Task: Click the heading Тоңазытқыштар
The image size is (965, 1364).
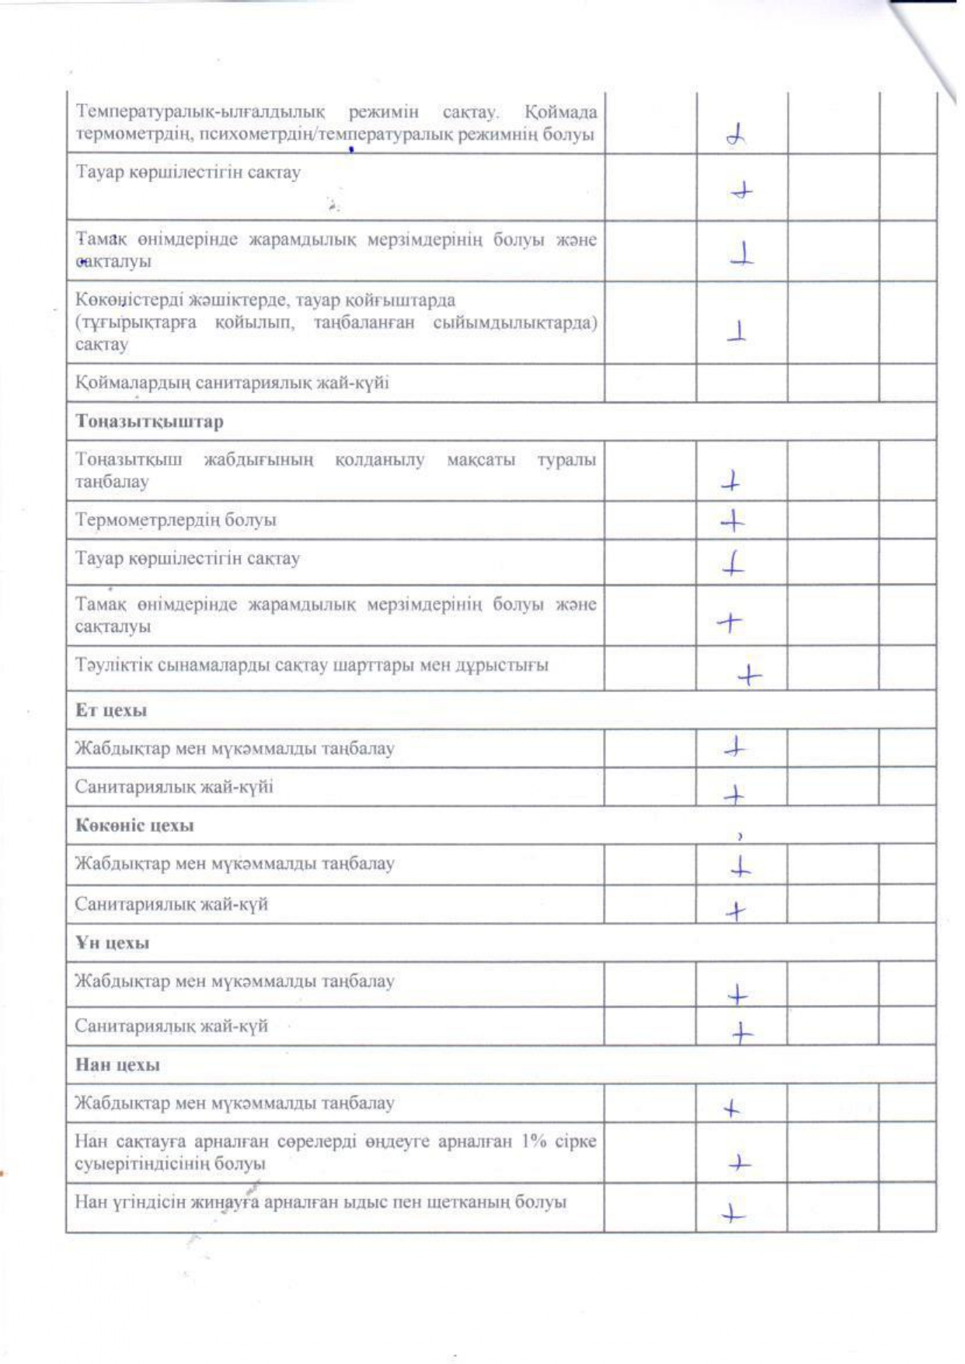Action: (x=149, y=422)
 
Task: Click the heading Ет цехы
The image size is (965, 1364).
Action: (x=111, y=710)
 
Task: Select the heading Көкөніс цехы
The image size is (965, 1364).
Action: (x=134, y=825)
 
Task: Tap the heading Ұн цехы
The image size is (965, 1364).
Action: (x=113, y=943)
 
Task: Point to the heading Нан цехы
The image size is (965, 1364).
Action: (x=117, y=1065)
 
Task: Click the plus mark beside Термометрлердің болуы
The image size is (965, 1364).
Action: (x=732, y=522)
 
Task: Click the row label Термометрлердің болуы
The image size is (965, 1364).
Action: (x=176, y=520)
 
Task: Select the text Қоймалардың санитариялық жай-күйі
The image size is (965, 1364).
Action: (x=232, y=383)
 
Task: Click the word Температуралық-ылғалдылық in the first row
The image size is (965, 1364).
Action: (x=200, y=113)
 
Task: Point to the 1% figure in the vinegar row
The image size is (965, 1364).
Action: (x=535, y=1142)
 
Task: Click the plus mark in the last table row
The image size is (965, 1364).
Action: (x=732, y=1214)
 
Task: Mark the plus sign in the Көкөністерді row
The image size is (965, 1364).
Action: (x=737, y=333)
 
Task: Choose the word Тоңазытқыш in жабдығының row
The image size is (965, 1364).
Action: (x=129, y=460)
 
